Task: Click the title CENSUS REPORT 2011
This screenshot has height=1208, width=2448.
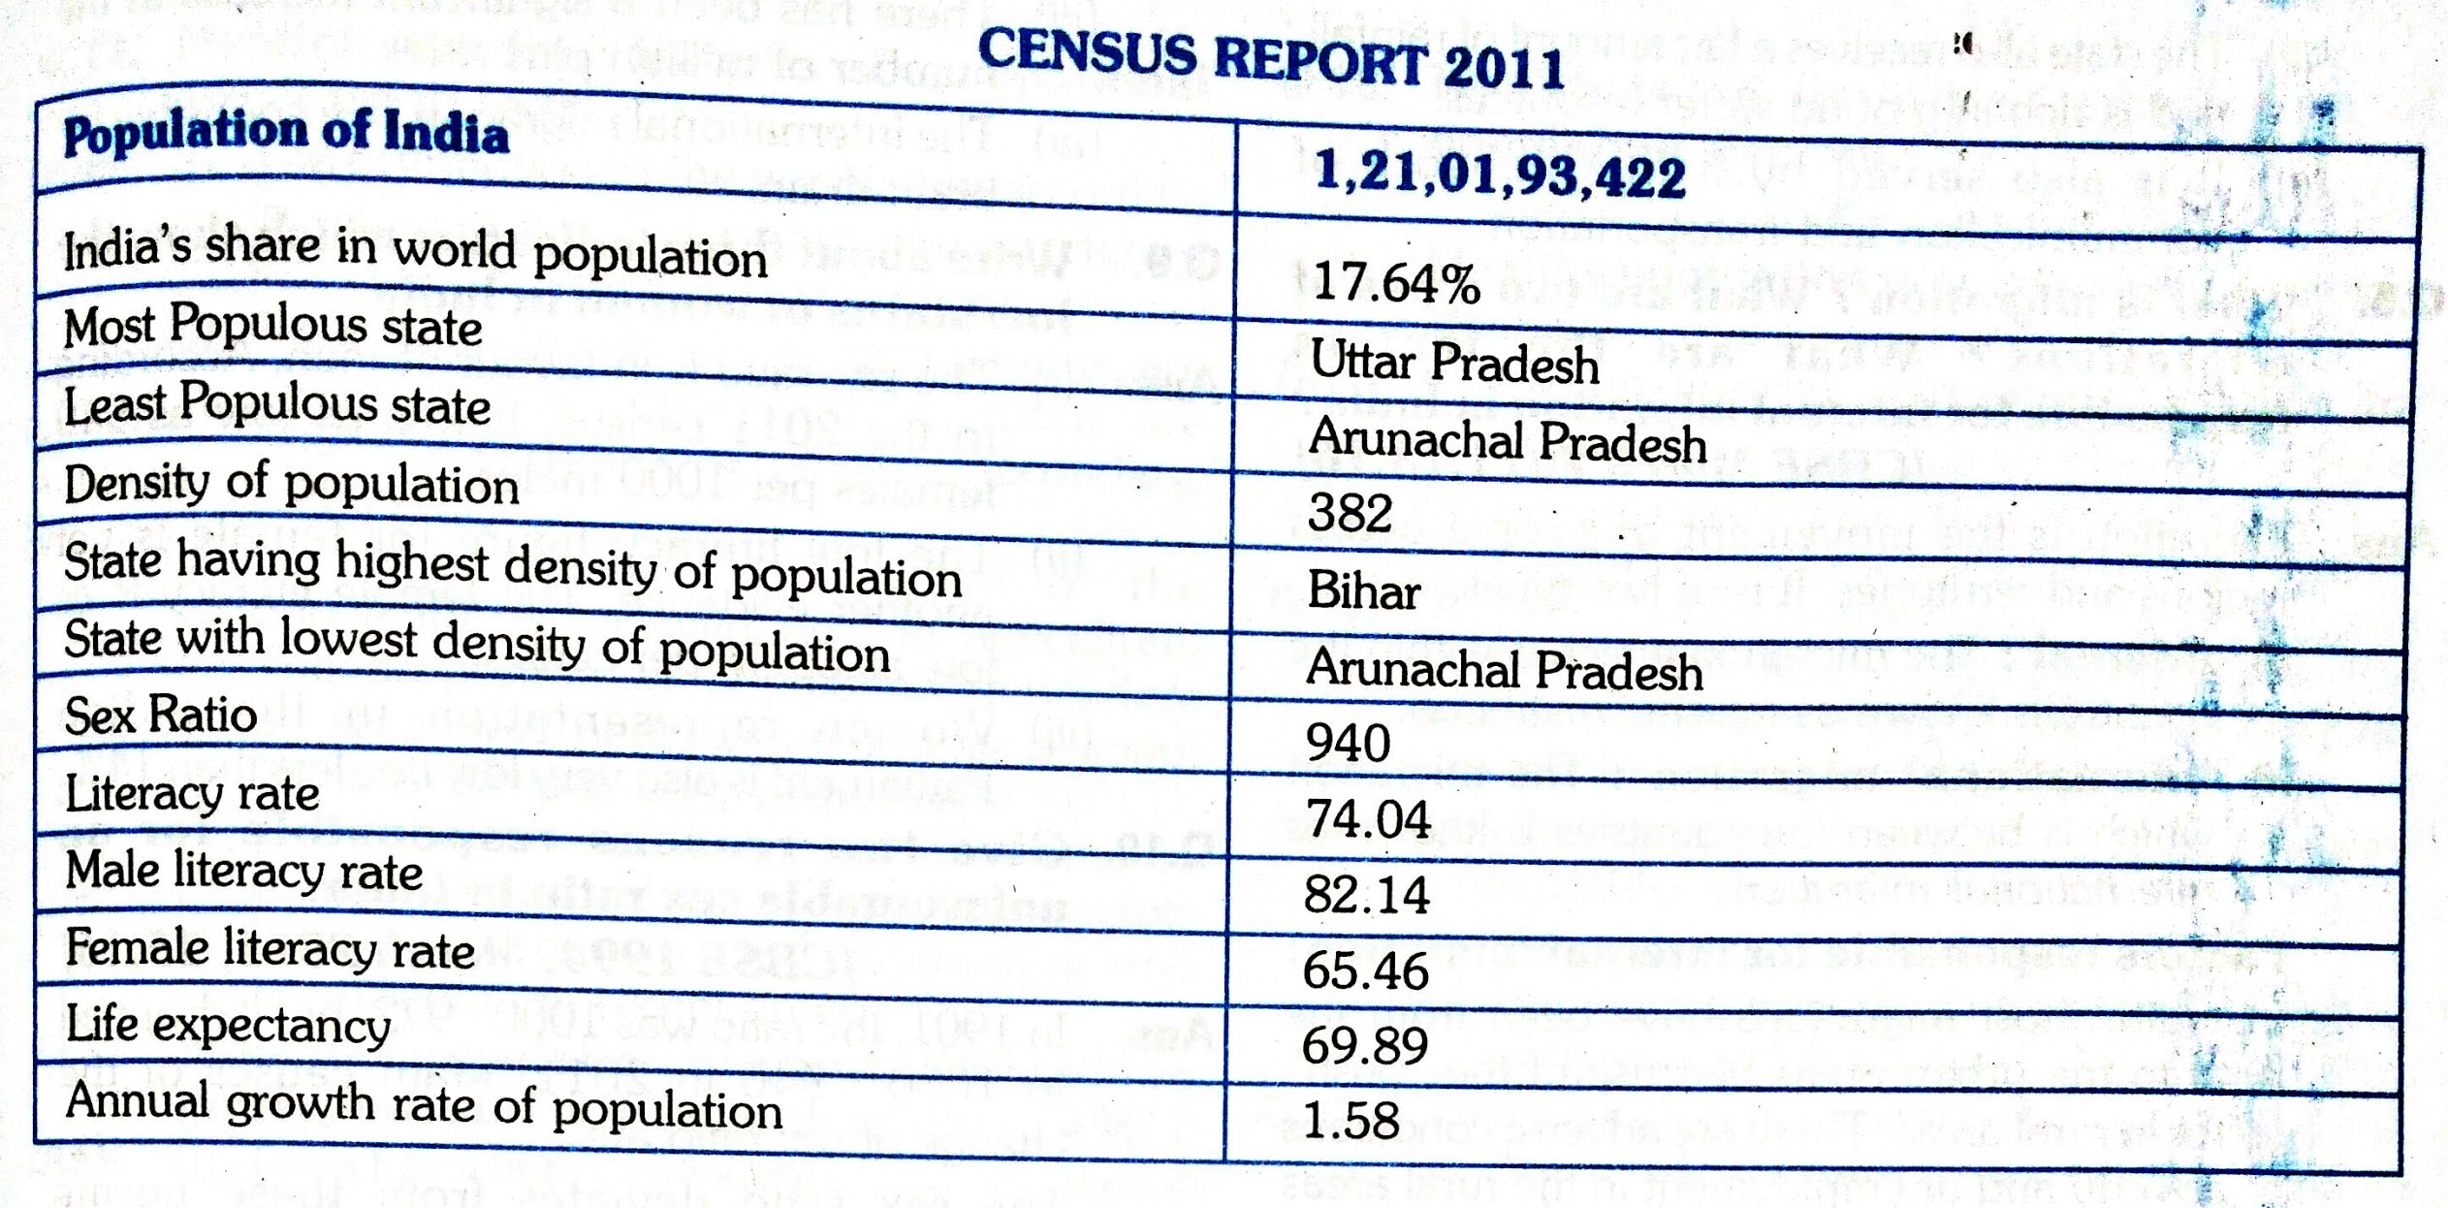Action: pos(1270,58)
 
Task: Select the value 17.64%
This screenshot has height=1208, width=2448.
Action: pos(1396,284)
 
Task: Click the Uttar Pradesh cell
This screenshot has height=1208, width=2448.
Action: pos(1454,363)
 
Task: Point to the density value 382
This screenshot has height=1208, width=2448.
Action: pos(1350,512)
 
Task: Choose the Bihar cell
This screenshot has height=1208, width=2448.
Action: pos(1364,590)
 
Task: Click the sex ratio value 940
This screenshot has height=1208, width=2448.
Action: pos(1348,744)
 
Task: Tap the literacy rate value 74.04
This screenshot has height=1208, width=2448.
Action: pos(1368,819)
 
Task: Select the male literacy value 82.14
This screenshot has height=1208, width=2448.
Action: pos(1366,895)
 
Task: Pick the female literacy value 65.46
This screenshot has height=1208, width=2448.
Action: pos(1365,970)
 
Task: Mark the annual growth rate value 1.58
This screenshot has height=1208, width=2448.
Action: pos(1351,1121)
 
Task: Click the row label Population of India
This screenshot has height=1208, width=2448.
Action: pos(286,133)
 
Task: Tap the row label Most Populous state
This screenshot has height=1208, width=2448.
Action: pos(272,325)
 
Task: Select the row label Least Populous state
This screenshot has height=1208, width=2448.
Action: pos(277,403)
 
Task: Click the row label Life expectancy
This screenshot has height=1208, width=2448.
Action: pos(228,1025)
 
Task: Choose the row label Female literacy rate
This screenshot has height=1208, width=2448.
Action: pos(270,948)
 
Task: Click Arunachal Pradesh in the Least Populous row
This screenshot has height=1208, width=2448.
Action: pos(1508,441)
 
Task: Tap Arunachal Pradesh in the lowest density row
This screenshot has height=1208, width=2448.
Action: pos(1504,670)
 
